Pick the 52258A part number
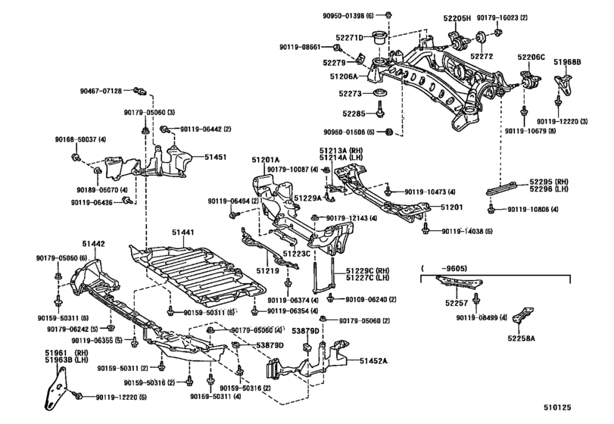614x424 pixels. click(522, 338)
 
